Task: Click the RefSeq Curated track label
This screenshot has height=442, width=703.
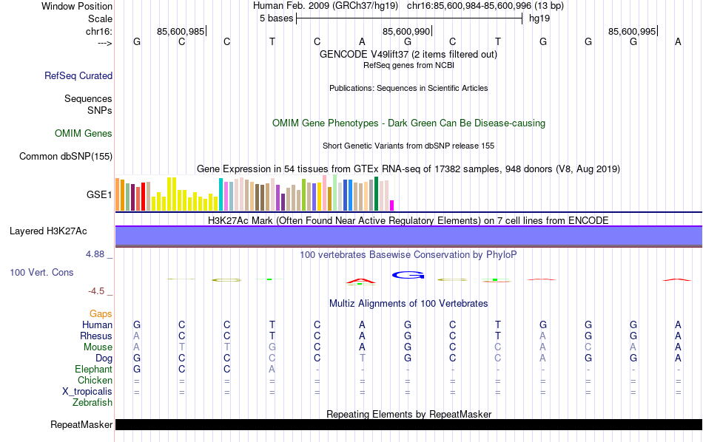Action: click(x=78, y=75)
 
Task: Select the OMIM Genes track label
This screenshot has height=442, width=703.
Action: click(x=84, y=134)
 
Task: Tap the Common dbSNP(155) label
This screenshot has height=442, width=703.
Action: click(x=66, y=156)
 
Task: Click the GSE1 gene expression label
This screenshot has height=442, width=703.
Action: click(x=99, y=195)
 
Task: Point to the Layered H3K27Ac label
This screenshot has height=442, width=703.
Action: click(x=48, y=231)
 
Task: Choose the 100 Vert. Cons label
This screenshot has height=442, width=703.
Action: click(x=41, y=273)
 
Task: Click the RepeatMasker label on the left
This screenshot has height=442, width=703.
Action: click(x=81, y=425)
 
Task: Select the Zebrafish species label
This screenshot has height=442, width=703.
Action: click(x=92, y=403)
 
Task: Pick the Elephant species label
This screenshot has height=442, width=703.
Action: click(x=93, y=370)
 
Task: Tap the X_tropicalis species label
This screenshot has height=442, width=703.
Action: click(x=84, y=392)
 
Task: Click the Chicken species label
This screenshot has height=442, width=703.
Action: click(x=95, y=381)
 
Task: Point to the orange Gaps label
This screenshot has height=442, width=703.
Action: click(x=101, y=314)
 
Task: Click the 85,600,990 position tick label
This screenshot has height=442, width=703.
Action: click(x=406, y=31)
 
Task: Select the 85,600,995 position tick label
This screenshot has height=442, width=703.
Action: click(x=631, y=31)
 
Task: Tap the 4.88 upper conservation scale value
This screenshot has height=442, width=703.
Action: click(x=97, y=254)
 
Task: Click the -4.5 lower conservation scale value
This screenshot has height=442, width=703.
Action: click(x=98, y=291)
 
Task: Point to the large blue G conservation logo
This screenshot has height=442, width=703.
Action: click(x=408, y=276)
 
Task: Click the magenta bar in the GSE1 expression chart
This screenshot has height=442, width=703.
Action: click(x=392, y=205)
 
